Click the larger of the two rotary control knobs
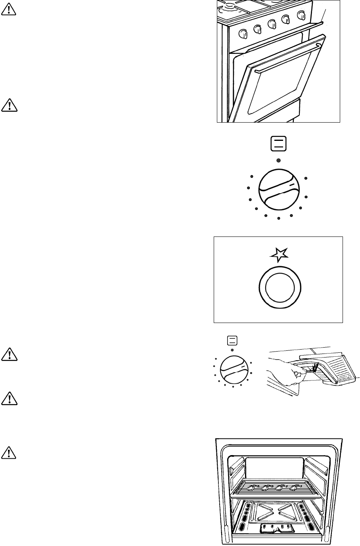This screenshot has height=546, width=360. [x=278, y=189]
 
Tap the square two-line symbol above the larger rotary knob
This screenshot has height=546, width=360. [x=278, y=144]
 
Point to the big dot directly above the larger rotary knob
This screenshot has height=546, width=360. [x=278, y=160]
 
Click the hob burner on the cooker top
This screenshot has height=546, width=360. [x=230, y=6]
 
